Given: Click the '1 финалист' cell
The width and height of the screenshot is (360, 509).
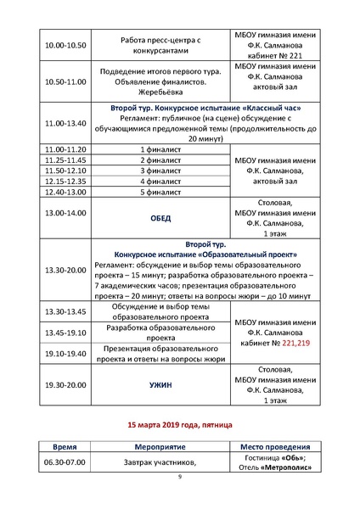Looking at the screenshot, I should tap(160, 148).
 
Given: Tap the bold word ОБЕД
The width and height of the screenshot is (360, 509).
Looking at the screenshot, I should tap(160, 218).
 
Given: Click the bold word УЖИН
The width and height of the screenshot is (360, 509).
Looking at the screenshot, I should tap(160, 385).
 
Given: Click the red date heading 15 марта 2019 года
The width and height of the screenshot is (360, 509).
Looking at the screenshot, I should tap(179, 422).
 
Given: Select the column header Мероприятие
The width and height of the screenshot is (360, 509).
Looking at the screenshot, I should tap(160, 447).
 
